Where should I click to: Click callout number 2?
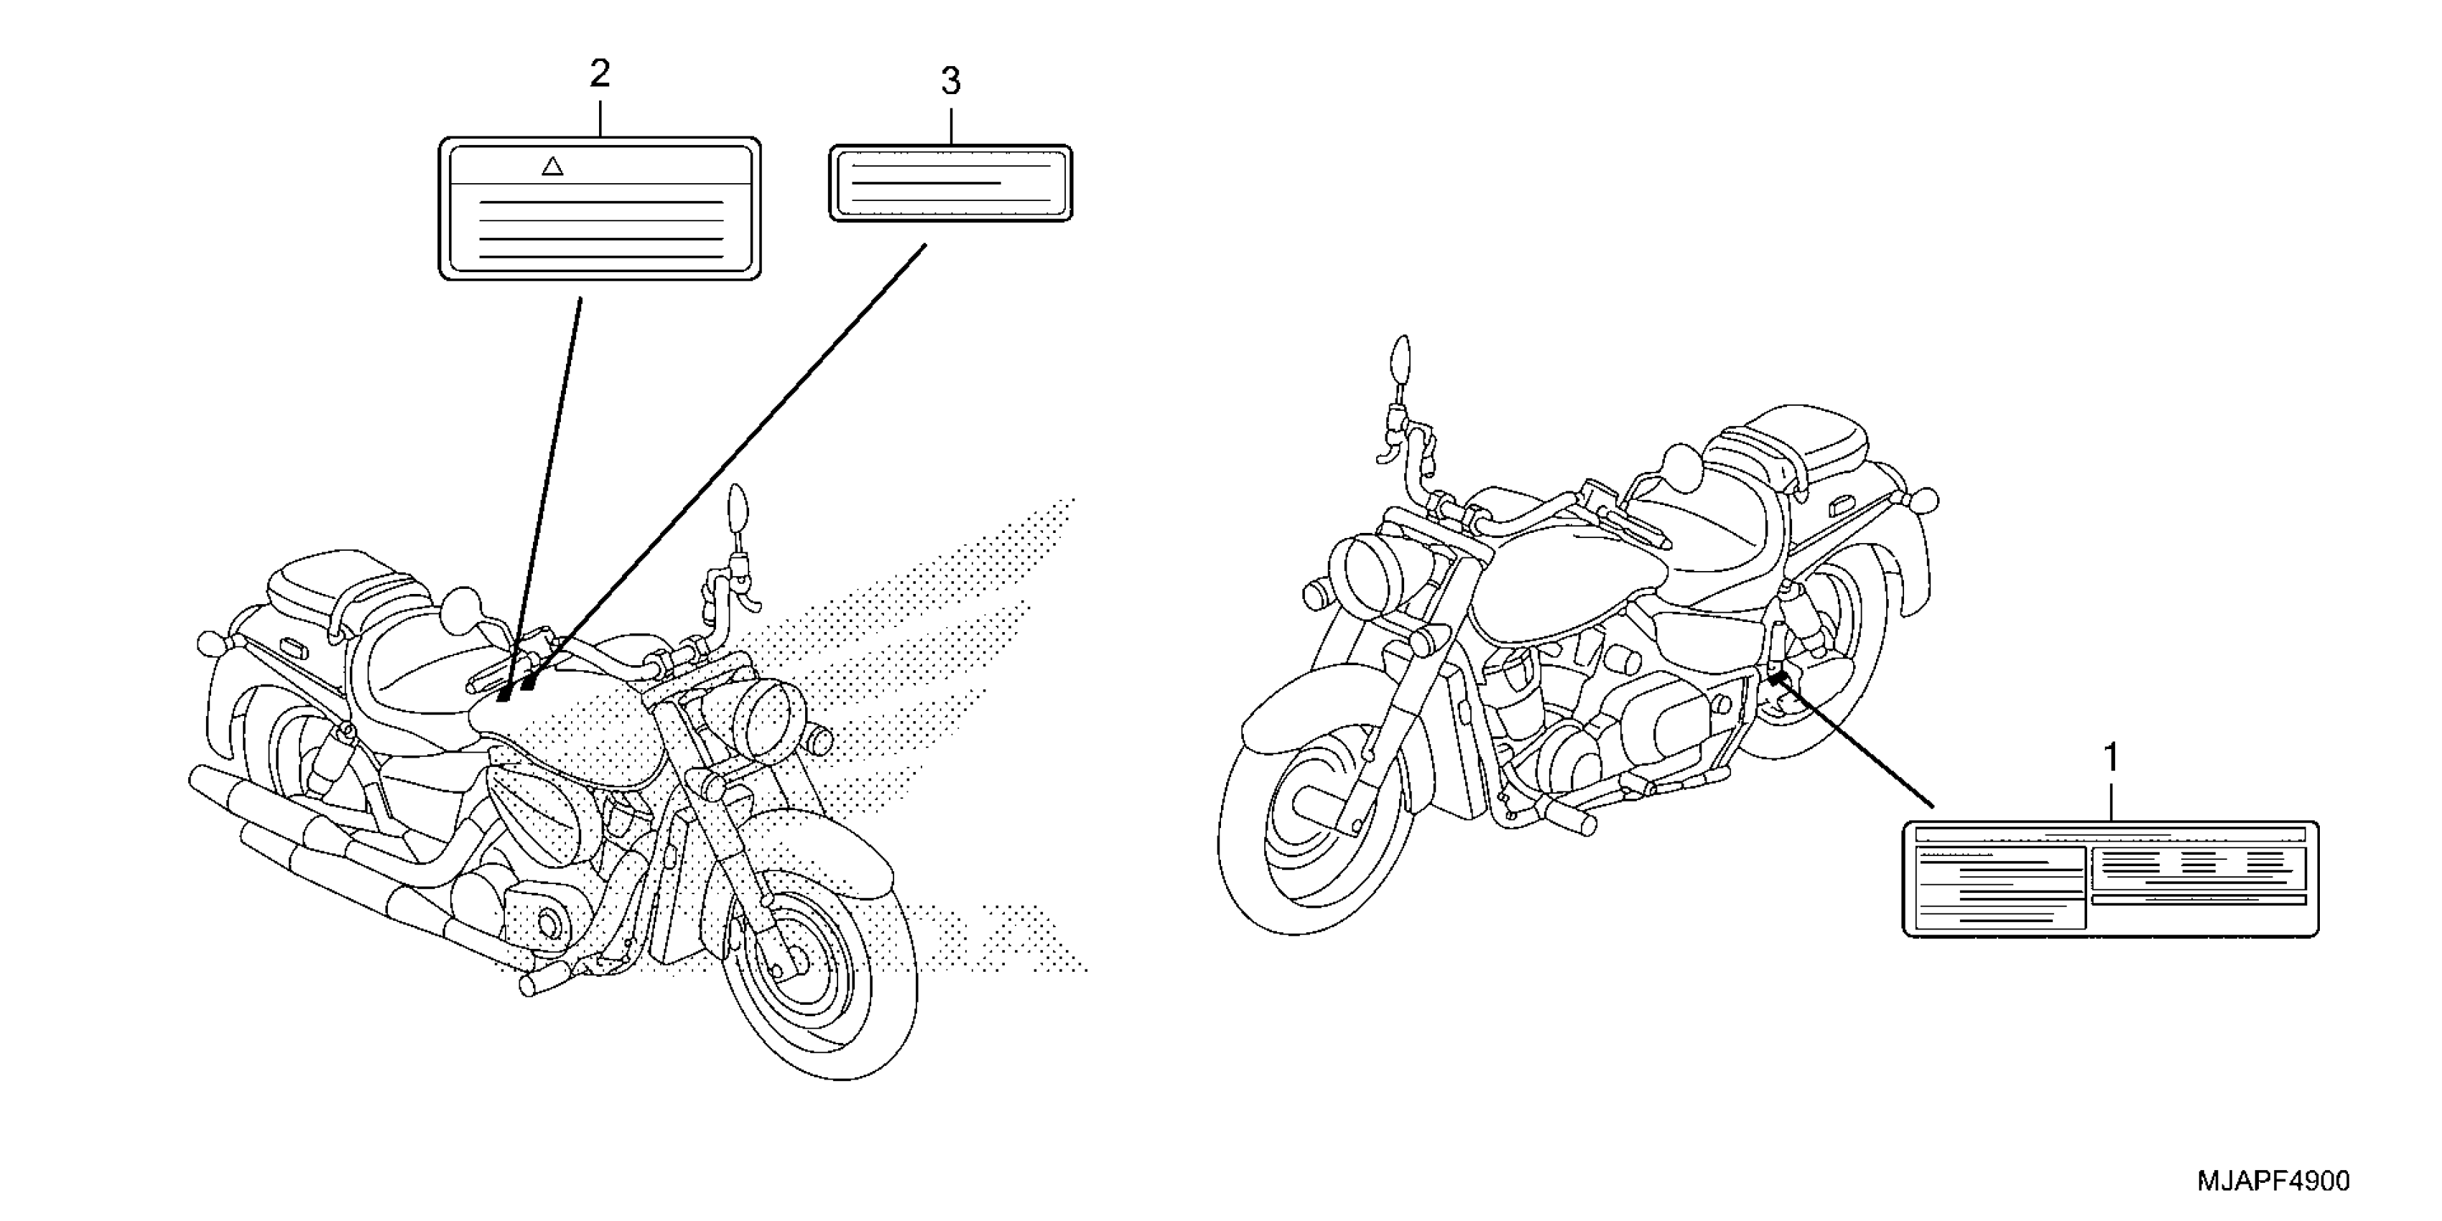point(599,74)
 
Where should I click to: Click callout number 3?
point(951,83)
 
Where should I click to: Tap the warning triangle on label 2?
point(552,167)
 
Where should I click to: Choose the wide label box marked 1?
point(2110,879)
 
